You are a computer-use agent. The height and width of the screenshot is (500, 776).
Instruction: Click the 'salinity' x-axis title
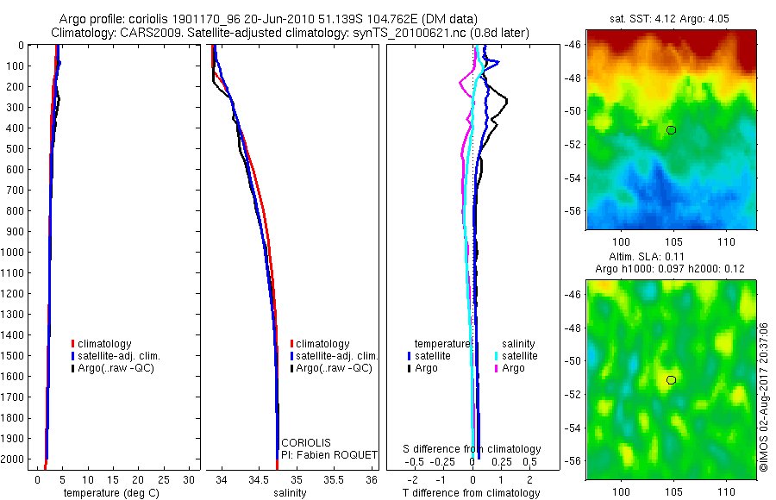pos(290,493)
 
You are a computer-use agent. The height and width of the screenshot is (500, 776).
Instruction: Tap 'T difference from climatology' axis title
pos(471,493)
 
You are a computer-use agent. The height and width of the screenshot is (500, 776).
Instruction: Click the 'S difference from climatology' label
pos(472,449)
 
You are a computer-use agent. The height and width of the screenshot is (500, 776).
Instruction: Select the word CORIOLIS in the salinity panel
pos(305,442)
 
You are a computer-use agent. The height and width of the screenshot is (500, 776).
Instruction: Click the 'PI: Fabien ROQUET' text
pos(324,454)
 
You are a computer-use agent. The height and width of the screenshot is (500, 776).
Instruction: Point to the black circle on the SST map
pos(671,130)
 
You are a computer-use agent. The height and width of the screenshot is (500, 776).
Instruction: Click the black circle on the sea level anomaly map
pos(671,380)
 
